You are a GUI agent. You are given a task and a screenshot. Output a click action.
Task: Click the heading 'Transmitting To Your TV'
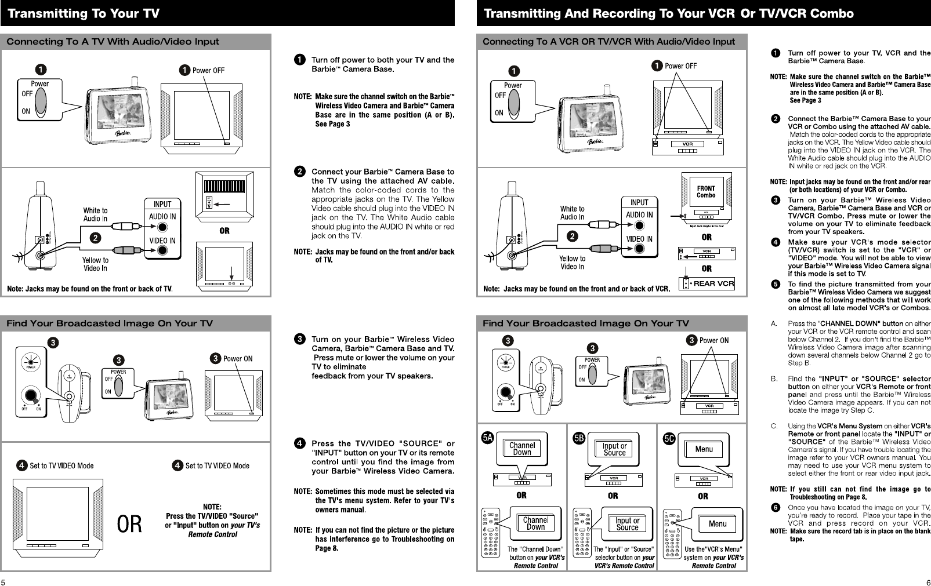[83, 13]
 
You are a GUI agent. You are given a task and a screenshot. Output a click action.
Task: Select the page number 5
[3, 582]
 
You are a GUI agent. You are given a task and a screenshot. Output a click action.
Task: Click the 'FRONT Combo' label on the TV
[706, 192]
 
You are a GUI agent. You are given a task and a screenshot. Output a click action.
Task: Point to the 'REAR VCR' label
[713, 283]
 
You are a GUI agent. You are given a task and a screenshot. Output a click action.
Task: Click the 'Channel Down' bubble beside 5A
[522, 449]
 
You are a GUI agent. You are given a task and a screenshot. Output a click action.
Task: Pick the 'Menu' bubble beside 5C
[704, 449]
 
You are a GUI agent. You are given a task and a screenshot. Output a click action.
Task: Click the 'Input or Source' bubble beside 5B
[614, 449]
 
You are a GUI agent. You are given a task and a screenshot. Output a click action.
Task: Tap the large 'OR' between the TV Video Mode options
[130, 525]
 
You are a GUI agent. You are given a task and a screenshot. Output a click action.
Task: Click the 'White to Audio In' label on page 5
[95, 214]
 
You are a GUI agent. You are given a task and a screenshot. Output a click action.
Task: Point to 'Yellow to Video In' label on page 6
[572, 263]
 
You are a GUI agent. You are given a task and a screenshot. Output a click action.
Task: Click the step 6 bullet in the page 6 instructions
[775, 508]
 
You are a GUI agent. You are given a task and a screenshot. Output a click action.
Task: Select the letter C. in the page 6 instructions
[774, 426]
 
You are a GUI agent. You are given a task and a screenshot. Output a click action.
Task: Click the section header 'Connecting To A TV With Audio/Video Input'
[113, 42]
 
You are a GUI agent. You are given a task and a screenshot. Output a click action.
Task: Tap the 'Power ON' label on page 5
[237, 358]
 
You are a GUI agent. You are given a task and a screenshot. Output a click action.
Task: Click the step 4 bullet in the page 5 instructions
[299, 444]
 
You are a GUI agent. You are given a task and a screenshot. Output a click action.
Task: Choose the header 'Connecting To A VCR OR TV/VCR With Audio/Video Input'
[608, 42]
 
